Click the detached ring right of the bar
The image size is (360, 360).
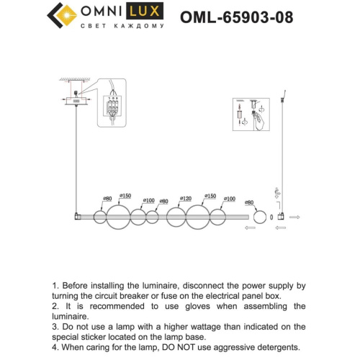(x=257, y=217)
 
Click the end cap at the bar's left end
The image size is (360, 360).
(x=78, y=216)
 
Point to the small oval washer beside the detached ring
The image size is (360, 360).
(x=271, y=217)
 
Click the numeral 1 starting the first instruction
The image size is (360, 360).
(x=55, y=286)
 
